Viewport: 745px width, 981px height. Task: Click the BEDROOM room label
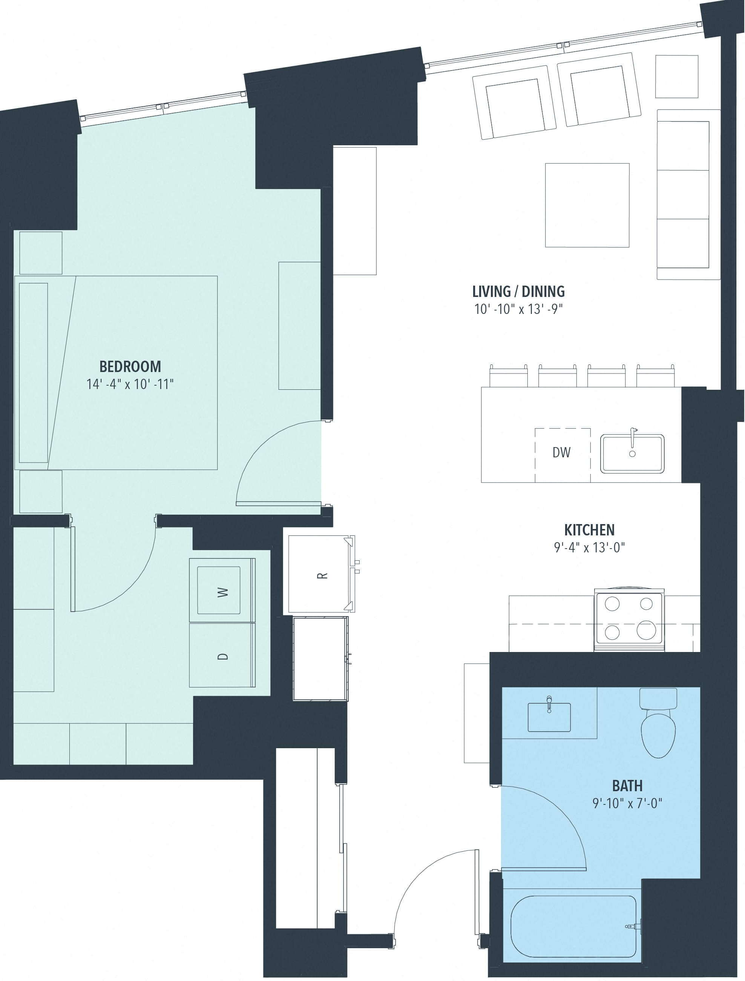coord(130,366)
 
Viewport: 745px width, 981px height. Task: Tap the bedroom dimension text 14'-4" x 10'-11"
coord(130,384)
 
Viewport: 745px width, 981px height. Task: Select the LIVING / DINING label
coord(518,292)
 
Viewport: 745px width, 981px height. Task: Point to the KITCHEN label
coord(589,530)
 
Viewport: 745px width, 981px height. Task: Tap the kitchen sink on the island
coord(632,454)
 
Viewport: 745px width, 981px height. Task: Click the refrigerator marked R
coord(320,575)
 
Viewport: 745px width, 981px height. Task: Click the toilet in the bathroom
coord(658,723)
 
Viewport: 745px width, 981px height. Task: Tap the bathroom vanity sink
coord(549,717)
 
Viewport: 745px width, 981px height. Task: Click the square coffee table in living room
coord(587,205)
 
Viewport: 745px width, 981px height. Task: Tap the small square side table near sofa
coord(676,76)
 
